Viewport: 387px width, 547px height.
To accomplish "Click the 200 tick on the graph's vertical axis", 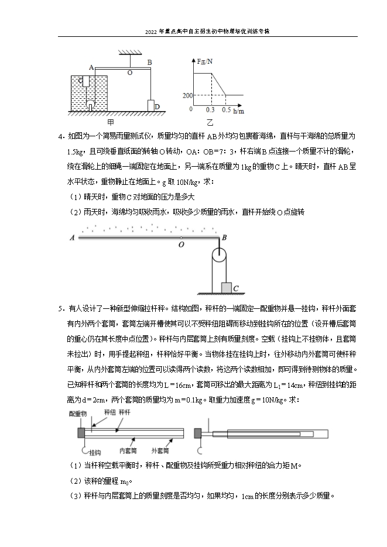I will (187, 95).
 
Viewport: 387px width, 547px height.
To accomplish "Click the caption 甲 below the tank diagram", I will (111, 123).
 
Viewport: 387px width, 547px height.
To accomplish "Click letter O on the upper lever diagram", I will (129, 73).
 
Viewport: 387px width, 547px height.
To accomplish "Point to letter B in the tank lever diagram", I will (150, 61).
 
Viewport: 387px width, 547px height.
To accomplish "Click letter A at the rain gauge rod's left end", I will (71, 238).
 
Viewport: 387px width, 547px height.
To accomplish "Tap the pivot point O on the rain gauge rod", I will (181, 244).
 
